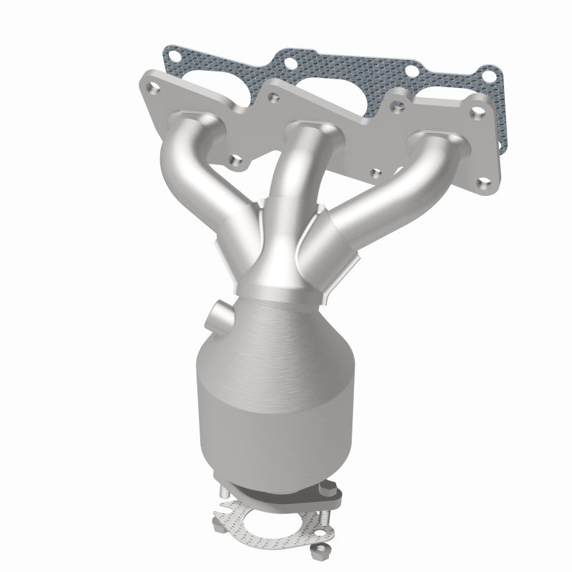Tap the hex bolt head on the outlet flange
tap(330, 489)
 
